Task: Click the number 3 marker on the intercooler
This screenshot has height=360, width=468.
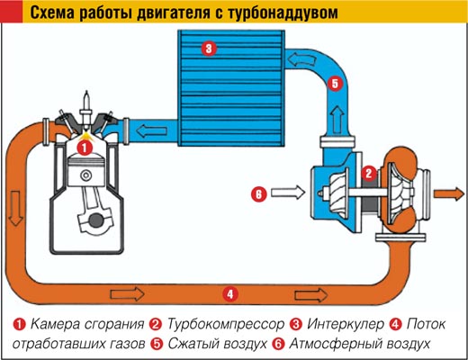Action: click(209, 49)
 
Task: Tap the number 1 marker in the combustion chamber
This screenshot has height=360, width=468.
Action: click(85, 148)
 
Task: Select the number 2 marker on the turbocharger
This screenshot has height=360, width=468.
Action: click(369, 173)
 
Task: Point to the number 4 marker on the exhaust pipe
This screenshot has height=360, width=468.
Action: click(230, 294)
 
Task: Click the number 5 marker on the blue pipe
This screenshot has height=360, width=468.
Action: click(335, 84)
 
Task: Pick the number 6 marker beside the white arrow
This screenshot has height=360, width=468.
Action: click(258, 194)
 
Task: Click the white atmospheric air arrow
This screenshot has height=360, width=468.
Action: click(288, 193)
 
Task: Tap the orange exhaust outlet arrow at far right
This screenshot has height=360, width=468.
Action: click(449, 193)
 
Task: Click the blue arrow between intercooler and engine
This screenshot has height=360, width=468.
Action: click(151, 130)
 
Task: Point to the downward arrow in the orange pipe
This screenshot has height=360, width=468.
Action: click(15, 209)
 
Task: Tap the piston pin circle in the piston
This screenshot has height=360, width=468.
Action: click(86, 175)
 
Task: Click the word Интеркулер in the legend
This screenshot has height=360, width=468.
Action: click(346, 324)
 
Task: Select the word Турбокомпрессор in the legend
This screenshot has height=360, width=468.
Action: click(225, 324)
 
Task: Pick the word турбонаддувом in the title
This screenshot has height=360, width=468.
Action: click(283, 13)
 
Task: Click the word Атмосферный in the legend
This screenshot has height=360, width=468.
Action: click(330, 344)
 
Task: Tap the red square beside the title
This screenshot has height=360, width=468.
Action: click(12, 11)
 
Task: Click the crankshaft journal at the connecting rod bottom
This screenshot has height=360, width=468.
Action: click(96, 220)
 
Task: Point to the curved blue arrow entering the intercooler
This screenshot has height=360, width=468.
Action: click(301, 59)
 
